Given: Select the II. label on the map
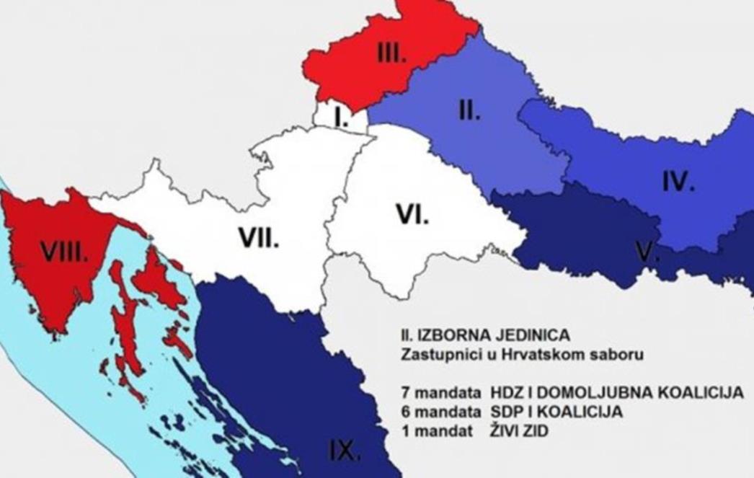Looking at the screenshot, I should tap(469, 112).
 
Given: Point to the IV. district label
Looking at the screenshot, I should tap(678, 182).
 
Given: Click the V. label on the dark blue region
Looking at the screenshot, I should tap(646, 252).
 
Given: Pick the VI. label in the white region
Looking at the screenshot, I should tap(412, 213).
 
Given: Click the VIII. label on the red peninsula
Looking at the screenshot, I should tap(64, 252).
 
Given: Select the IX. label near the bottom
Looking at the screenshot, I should tap(345, 451).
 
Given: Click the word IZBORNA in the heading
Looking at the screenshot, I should tap(452, 335).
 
